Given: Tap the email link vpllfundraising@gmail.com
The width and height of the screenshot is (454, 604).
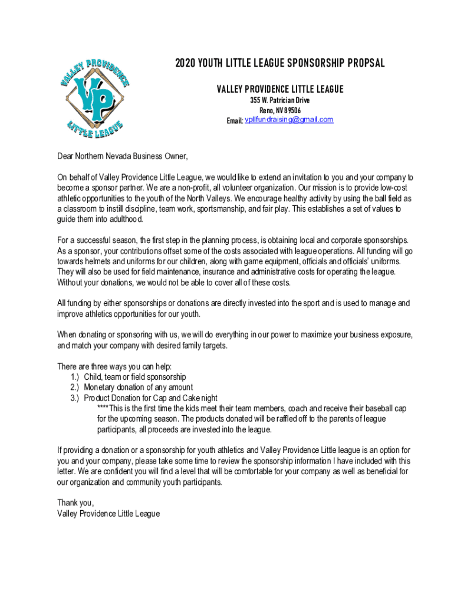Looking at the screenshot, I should [x=289, y=120].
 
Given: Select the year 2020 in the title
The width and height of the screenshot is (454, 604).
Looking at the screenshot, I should [x=186, y=64].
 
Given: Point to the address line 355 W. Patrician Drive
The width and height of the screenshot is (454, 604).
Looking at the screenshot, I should [x=280, y=100].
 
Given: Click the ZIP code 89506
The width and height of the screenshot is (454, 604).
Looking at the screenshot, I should [x=291, y=110].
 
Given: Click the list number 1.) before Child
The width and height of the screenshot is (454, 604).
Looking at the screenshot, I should [x=74, y=377].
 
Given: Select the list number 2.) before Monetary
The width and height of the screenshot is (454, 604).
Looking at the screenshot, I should [x=74, y=388].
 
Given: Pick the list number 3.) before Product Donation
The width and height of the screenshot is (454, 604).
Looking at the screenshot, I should [x=74, y=398].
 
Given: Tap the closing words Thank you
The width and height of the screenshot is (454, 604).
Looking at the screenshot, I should [x=75, y=503].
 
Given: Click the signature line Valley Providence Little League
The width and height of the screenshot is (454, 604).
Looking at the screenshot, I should [x=108, y=513].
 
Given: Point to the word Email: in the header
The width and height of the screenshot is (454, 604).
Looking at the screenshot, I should [x=235, y=120].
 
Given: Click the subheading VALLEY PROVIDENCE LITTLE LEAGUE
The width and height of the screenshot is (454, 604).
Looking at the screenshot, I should [x=280, y=89].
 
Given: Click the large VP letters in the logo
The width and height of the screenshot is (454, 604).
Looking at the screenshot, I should [x=95, y=97].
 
